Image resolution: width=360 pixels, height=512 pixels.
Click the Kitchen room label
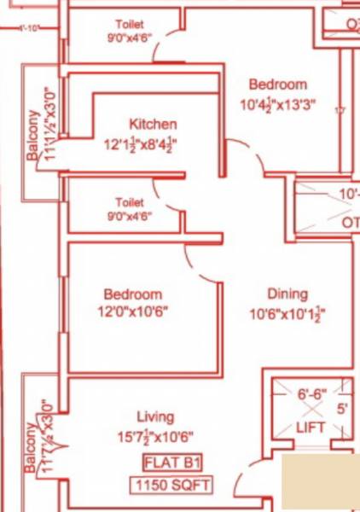click(153, 125)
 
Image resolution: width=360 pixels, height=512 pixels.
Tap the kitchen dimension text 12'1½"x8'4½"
click(142, 144)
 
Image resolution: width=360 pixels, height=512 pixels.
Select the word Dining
click(287, 294)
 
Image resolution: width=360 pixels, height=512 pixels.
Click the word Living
click(155, 417)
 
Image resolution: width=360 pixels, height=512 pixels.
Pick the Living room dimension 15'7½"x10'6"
click(155, 438)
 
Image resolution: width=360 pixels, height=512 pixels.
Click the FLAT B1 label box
click(171, 464)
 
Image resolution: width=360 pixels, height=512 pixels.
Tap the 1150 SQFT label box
click(171, 486)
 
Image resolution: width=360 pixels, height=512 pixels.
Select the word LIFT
click(311, 428)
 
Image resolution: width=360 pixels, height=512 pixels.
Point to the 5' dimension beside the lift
click(342, 409)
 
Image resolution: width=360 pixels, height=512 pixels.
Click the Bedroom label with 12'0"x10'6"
click(131, 294)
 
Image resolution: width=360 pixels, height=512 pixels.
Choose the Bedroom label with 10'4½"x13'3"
click(277, 84)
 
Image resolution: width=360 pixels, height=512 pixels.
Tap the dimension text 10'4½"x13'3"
click(277, 106)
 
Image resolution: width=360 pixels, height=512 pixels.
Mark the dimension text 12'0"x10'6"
click(131, 312)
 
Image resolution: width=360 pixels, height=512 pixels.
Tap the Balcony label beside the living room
click(32, 447)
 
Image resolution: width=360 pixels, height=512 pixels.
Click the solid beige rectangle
click(321, 482)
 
